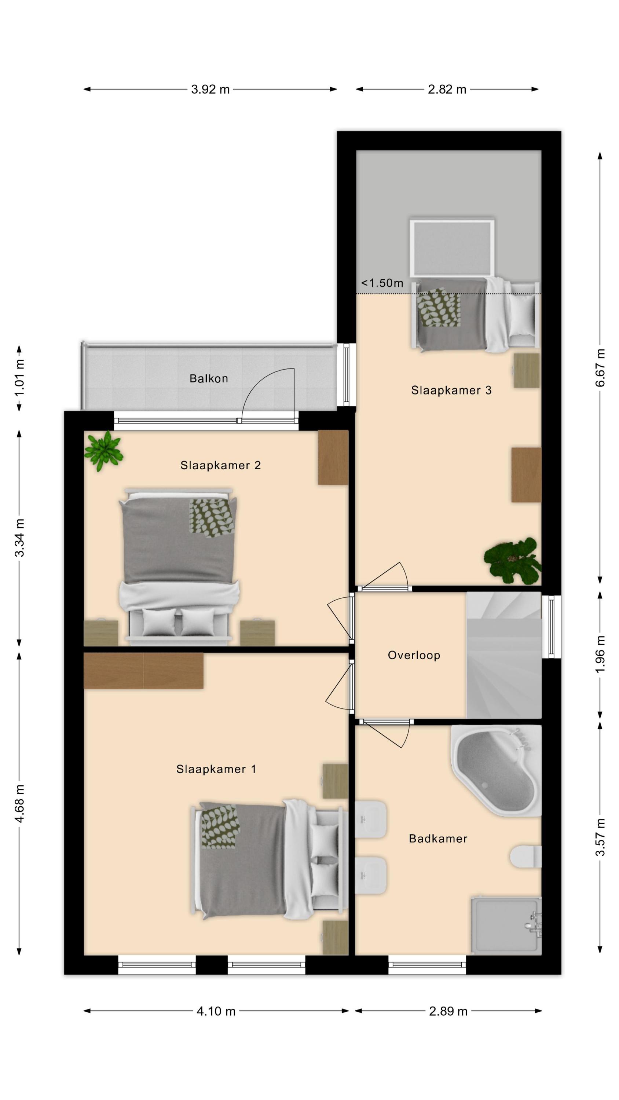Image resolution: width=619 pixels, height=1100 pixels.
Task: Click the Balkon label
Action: pos(208,378)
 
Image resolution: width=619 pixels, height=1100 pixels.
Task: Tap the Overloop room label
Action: pos(414,655)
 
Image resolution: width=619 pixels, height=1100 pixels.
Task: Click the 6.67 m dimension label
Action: pos(600,368)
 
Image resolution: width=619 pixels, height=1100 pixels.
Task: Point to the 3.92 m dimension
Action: pos(210,89)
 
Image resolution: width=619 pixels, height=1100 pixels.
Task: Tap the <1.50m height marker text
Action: pos(382,283)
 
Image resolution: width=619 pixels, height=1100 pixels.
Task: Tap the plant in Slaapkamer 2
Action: pos(104,451)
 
